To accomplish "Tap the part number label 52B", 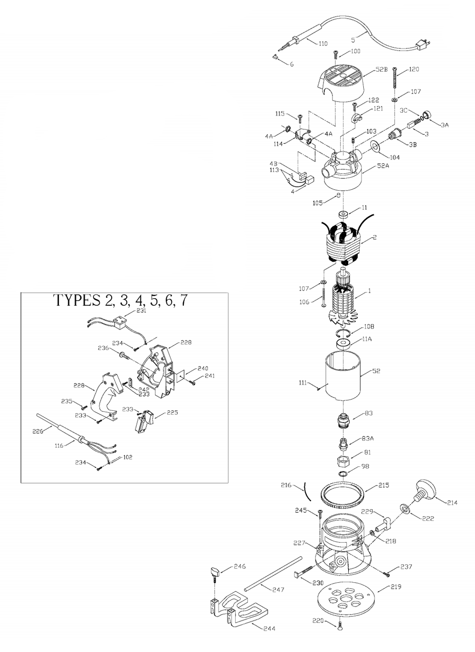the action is click(x=381, y=69).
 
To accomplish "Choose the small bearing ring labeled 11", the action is click(x=343, y=214).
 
